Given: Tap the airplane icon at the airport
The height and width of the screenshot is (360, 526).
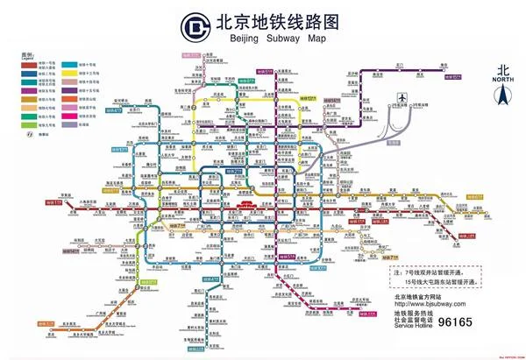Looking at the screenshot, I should tap(402, 97).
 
